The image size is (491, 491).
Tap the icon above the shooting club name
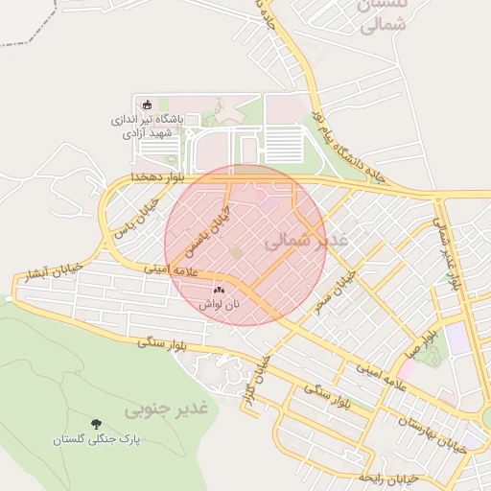pos(147,105)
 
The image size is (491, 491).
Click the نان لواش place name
pos(219,304)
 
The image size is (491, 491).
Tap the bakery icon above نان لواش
pos(219,288)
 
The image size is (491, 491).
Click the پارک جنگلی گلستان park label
pos(96,439)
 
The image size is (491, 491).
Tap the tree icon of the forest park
pos(96,423)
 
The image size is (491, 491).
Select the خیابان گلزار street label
pos(254,376)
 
